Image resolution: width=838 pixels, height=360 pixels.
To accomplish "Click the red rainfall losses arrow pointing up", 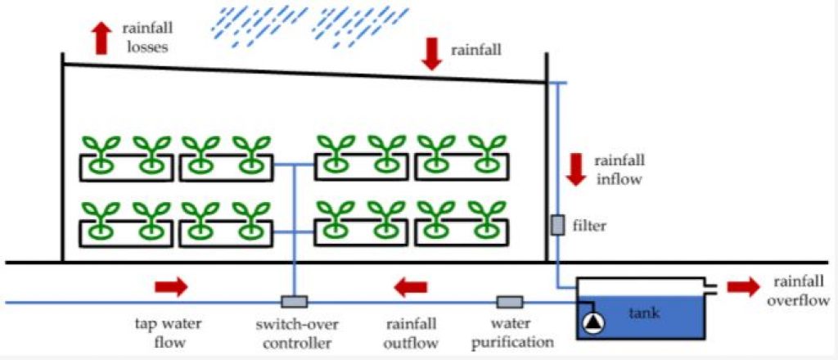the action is pos(102,38).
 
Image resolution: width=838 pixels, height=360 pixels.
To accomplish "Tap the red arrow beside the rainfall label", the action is pos(431,55).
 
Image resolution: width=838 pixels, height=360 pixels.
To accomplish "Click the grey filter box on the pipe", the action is pos(557,225).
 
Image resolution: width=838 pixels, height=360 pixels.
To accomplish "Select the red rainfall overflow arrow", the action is pos(743,287).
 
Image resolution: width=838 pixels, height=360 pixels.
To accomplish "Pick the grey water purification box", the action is pos(510,302).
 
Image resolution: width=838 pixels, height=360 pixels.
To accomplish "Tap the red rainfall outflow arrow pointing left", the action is pos(411,287).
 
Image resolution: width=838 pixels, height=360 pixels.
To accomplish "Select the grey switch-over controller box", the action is pos(295,302).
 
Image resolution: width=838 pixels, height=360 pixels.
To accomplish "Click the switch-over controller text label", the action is pos(296,333).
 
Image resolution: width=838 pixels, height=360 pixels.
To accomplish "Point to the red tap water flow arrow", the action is pos(171,287).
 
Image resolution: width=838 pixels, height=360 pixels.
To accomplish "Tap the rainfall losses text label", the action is pos(146,38).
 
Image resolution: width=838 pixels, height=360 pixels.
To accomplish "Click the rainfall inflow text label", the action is pos(619,169).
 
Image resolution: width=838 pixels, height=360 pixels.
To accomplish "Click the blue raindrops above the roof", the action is pos(310,25).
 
